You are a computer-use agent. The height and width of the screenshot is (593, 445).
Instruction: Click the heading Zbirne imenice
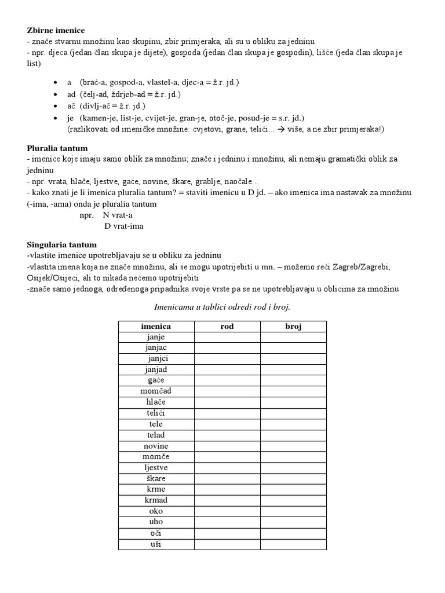[56, 30]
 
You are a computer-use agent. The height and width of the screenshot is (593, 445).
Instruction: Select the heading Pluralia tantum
[57, 148]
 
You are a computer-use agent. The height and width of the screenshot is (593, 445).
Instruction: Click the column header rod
[227, 327]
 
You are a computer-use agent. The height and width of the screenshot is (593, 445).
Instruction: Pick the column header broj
[293, 327]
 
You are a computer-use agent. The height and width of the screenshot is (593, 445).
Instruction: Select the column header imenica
[156, 327]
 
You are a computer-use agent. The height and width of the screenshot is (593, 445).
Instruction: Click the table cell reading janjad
[156, 369]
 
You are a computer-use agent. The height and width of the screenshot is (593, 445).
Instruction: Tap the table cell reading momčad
[156, 391]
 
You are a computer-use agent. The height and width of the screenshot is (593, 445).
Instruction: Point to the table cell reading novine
[156, 446]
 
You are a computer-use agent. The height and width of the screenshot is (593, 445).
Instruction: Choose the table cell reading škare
[156, 478]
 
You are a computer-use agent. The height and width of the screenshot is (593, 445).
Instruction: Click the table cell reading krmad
[156, 500]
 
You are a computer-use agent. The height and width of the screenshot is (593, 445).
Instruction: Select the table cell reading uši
[156, 544]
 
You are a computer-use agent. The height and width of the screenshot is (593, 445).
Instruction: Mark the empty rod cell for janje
[227, 337]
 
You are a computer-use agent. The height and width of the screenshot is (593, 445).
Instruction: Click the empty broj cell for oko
[293, 511]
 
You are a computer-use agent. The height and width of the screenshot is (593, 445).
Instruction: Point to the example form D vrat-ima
[123, 226]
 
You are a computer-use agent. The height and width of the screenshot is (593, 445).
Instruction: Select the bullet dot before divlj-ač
[55, 107]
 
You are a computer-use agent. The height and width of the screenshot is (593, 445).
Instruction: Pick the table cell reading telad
[156, 435]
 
